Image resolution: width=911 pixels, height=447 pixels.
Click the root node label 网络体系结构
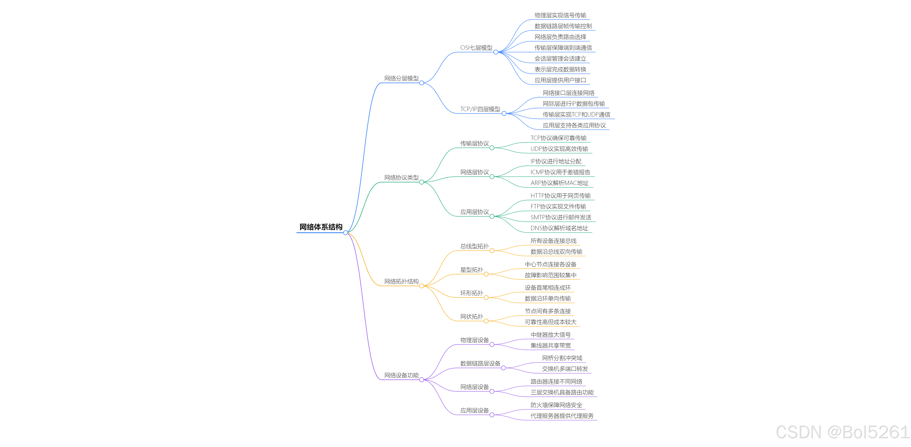point(321,227)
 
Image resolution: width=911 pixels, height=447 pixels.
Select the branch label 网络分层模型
point(401,78)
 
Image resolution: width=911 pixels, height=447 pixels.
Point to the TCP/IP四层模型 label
point(480,109)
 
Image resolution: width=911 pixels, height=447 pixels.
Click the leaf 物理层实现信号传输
point(560,15)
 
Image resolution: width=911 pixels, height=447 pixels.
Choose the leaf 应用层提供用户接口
point(560,80)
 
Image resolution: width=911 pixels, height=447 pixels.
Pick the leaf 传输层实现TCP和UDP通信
point(577,114)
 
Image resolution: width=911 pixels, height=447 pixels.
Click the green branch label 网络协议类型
point(401,177)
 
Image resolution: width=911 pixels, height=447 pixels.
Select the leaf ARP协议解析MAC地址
point(559,183)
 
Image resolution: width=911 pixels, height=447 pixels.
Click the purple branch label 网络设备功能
point(401,375)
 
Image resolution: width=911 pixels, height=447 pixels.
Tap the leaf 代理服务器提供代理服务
point(562,416)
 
